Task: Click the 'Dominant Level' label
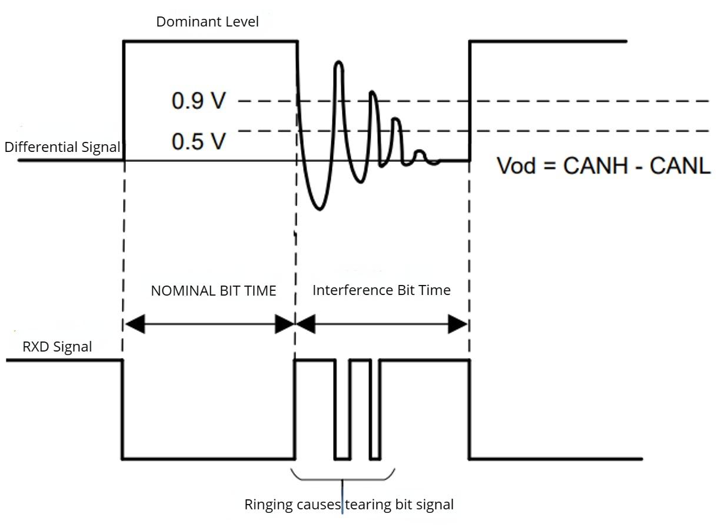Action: tap(207, 22)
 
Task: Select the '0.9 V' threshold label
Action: tap(198, 101)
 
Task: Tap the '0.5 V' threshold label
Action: tap(198, 141)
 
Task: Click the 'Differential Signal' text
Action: tap(62, 147)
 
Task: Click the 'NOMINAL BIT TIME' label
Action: tap(213, 291)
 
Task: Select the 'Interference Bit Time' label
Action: tap(381, 290)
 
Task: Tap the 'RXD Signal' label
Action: tap(57, 346)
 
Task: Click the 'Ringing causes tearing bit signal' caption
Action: tap(349, 504)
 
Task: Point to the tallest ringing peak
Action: tap(338, 62)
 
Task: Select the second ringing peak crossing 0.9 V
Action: tap(372, 92)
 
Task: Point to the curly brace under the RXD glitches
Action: tap(343, 476)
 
